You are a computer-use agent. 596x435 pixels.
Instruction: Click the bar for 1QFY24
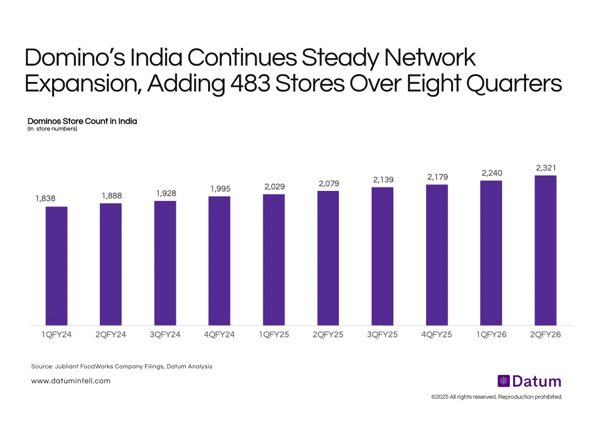56,266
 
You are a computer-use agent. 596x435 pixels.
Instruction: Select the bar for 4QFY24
219,261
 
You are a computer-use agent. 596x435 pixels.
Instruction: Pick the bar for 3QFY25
382,256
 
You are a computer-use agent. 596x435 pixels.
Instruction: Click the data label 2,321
545,169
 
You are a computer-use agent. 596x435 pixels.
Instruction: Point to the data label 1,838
45,198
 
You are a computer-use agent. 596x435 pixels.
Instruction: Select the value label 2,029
274,186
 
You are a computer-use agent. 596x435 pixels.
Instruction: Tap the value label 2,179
437,176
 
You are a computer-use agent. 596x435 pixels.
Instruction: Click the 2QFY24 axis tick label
111,335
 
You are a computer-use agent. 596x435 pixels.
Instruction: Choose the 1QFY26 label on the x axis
491,335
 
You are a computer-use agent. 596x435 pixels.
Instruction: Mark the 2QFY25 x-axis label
328,335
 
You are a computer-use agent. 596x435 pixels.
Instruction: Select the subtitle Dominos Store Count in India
82,121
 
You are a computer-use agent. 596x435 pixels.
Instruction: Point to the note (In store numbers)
52,129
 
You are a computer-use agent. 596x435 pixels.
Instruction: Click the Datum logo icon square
504,381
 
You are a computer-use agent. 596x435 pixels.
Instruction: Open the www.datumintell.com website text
71,381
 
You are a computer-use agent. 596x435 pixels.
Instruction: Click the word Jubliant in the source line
69,366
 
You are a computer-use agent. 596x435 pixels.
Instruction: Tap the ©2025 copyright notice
497,397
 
